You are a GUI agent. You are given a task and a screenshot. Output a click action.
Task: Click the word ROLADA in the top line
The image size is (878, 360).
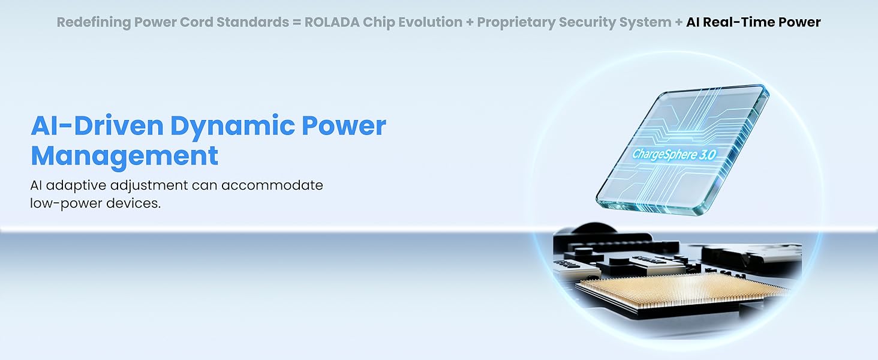click(332, 22)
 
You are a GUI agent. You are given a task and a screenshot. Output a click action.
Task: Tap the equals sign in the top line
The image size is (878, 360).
click(297, 22)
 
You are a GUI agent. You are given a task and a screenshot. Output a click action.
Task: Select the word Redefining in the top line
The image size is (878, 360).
click(94, 23)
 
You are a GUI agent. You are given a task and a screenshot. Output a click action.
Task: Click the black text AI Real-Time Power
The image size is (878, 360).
click(753, 22)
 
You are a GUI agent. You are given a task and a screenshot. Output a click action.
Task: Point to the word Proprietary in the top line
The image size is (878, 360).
click(516, 23)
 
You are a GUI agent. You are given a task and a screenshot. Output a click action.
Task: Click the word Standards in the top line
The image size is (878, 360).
click(253, 22)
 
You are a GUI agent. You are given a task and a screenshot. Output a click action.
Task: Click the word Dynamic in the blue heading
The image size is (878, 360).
click(232, 126)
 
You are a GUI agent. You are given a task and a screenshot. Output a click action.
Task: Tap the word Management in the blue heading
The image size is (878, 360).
click(124, 157)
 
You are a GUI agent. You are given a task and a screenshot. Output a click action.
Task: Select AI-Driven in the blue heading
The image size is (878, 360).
click(97, 125)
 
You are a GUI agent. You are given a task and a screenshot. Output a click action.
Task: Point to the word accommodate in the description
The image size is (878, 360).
click(272, 185)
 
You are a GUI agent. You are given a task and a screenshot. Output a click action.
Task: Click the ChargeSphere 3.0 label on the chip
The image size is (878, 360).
click(674, 154)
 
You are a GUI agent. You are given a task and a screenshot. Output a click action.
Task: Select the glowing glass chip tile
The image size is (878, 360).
click(682, 150)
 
